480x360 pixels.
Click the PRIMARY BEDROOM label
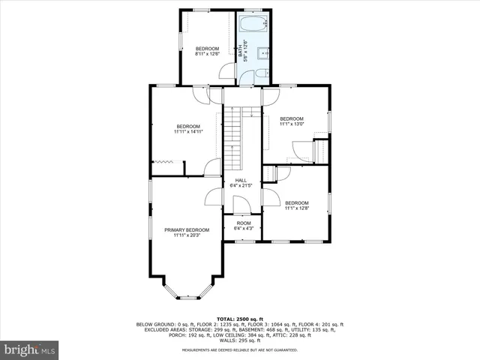click(187, 229)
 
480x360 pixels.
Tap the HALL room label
click(241, 180)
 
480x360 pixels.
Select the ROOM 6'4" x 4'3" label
click(244, 223)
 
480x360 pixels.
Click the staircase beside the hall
click(235, 138)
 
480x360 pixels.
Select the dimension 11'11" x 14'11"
click(188, 131)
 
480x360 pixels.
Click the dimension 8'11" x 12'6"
click(208, 53)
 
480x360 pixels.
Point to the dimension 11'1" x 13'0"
click(292, 124)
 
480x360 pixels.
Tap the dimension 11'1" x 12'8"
click(296, 208)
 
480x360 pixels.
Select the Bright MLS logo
click(29, 349)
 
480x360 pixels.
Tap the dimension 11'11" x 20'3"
click(187, 235)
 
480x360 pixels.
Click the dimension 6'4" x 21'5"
click(241, 185)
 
